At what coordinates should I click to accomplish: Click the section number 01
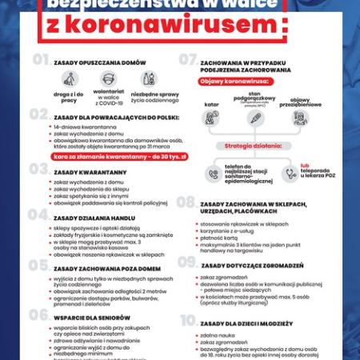(40, 59)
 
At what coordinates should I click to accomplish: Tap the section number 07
(188, 59)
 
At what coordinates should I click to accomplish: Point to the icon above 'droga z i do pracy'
(71, 80)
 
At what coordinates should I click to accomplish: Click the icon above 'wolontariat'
(109, 79)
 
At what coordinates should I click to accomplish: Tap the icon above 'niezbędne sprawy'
(148, 79)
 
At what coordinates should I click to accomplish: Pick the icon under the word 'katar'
(210, 117)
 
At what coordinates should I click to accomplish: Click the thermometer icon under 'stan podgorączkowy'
(254, 118)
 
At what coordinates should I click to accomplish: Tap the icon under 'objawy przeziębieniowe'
(300, 118)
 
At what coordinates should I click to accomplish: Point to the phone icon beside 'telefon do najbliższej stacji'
(213, 174)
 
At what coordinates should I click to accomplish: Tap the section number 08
(186, 203)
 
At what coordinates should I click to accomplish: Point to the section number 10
(188, 321)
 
